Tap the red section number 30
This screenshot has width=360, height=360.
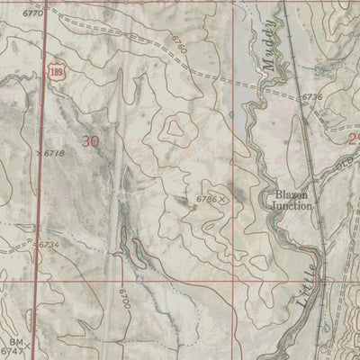tap(90, 140)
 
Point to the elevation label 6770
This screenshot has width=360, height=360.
tap(32, 14)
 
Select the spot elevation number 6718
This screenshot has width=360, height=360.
tap(54, 154)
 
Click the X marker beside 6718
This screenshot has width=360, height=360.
tap(37, 154)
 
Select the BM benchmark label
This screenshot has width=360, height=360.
tap(15, 342)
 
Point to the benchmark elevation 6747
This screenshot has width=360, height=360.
tap(12, 352)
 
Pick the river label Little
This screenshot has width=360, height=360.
tap(307, 283)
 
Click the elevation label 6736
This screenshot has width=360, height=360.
tap(311, 96)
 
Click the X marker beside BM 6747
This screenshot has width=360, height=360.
tap(28, 346)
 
